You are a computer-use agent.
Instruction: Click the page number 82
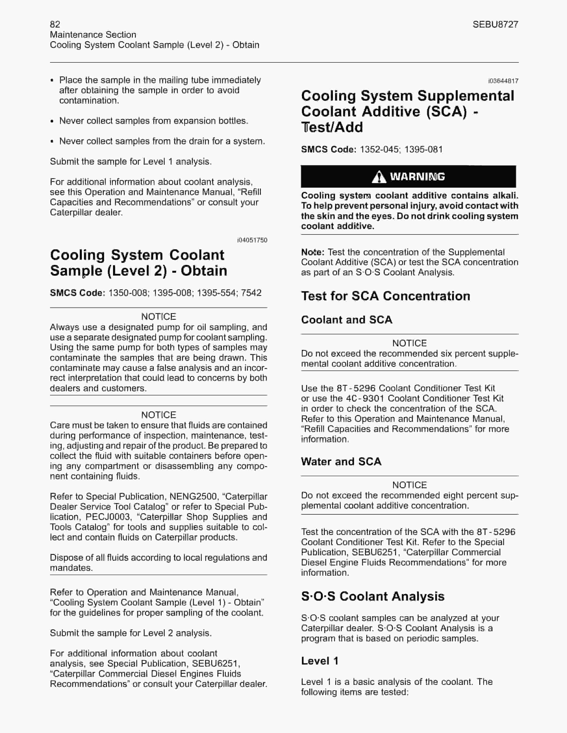click(55, 24)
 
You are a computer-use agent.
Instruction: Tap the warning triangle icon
click(379, 177)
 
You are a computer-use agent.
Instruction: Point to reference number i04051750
click(252, 240)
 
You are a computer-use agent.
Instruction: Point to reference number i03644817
click(503, 81)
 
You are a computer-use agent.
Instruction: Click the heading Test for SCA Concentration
click(385, 296)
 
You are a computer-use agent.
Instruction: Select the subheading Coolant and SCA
click(346, 320)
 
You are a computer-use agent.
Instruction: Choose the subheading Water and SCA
click(341, 462)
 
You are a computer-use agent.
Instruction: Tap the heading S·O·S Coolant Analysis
click(372, 596)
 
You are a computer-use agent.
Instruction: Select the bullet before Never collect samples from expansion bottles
click(52, 121)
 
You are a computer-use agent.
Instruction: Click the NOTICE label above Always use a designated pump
click(159, 317)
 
